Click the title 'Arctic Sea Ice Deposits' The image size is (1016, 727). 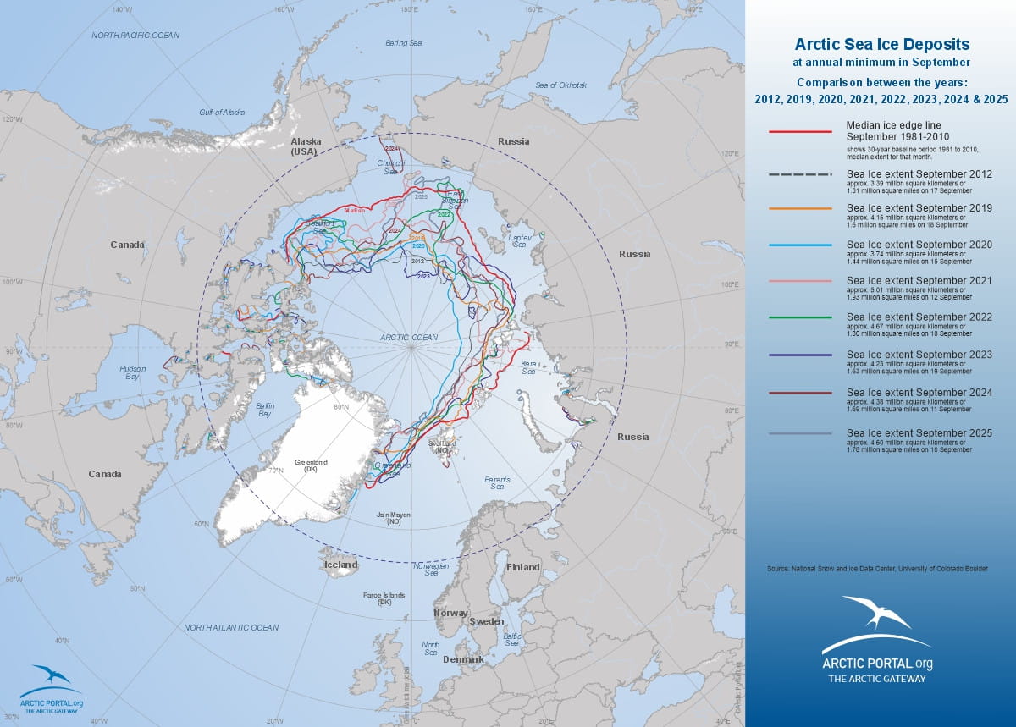coord(881,44)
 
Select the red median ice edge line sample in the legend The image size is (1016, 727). coord(800,132)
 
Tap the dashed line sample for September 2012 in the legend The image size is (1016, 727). coord(800,174)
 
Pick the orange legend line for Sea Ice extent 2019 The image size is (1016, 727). coord(800,208)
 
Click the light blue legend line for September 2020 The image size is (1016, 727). coord(800,245)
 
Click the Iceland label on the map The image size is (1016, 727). coord(340,565)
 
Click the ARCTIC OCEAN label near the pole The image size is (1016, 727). coord(409,337)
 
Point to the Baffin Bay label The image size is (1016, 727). coord(263,410)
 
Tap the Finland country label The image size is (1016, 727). coord(522,567)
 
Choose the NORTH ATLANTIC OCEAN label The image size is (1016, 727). coord(231,627)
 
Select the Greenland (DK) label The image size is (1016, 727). coord(311,466)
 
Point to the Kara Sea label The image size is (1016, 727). coord(529,367)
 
